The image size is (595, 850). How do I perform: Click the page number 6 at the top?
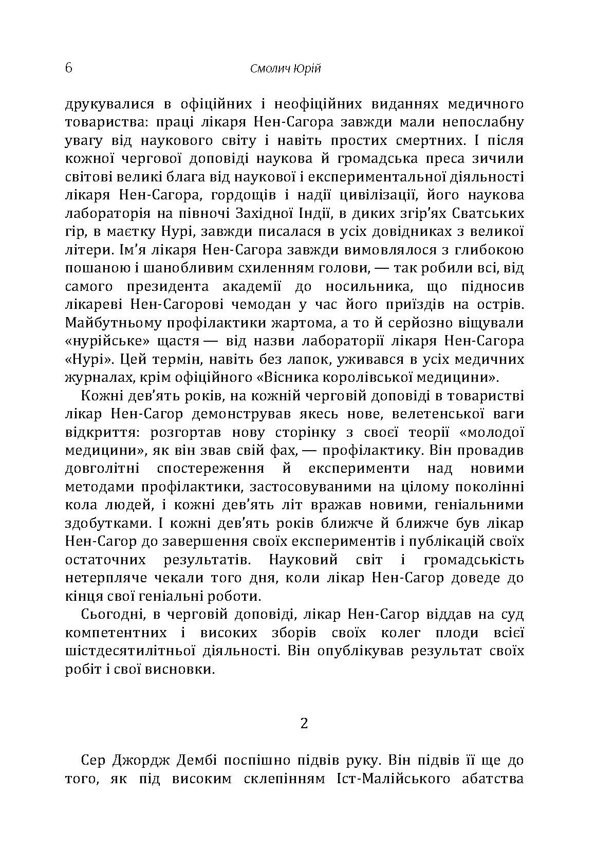click(69, 68)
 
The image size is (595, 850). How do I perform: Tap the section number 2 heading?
click(304, 724)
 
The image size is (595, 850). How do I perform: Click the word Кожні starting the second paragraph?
click(102, 396)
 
